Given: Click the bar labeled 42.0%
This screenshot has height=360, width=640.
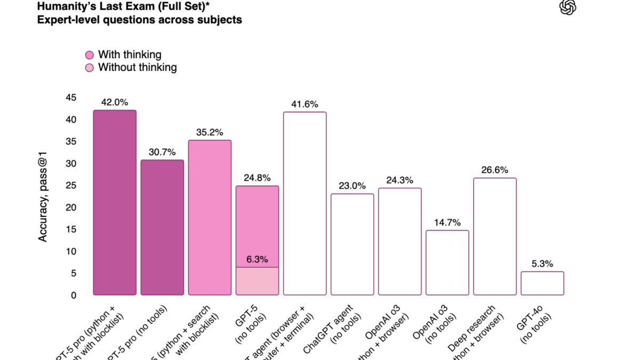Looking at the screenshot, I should pos(115,203).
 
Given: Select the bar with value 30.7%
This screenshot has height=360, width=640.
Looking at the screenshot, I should pos(162,228).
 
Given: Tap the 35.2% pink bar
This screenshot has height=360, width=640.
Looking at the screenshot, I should pos(210,218).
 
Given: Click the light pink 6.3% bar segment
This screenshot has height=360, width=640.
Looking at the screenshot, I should pos(257,281).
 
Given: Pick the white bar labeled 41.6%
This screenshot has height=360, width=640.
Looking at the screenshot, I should pos(305,203).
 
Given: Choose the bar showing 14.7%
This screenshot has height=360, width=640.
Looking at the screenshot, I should pos(447,262).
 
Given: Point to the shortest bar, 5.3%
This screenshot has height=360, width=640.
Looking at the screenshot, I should pos(542,283).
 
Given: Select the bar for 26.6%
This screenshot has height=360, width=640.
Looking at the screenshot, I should pos(495,236).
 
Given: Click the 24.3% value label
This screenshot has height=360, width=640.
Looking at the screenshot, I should pos(400,180).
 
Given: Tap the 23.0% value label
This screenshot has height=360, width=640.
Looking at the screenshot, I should pos(352,186).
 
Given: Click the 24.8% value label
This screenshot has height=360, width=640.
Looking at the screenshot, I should pos(257,178).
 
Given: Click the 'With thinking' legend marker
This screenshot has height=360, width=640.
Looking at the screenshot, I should pos(89,55).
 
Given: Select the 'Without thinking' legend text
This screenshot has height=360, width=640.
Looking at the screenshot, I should pos(137,67).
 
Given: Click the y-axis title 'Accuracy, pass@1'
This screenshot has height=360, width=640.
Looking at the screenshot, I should pos(43,196).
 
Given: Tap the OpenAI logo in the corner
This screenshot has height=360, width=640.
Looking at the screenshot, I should pos(568,8).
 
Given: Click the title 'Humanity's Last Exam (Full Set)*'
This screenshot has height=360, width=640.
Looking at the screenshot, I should pos(133,7).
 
